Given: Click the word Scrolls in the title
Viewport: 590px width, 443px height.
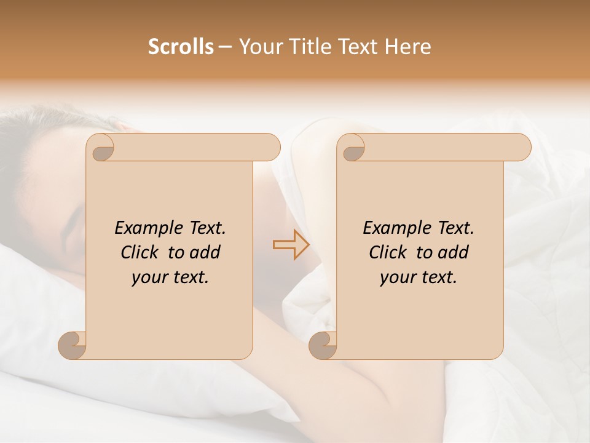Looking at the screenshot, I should coord(181,47).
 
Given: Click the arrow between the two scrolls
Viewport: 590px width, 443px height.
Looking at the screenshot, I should coord(291,245).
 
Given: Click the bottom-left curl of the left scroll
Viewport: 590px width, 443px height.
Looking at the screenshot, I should coord(73,345).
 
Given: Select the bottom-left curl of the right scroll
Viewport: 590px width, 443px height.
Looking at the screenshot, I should coord(323,345).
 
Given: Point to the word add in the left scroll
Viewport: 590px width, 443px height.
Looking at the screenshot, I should coord(205,252).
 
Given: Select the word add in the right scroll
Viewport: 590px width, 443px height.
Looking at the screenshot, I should coord(453,252).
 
